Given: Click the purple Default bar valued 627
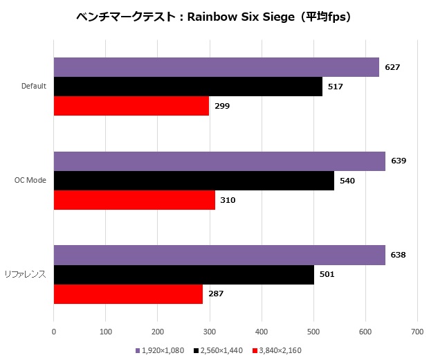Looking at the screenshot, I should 216,67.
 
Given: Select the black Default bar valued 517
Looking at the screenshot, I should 188,87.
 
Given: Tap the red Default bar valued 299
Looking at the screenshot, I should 131,106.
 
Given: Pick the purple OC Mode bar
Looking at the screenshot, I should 219,161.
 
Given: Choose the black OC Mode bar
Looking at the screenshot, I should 194,181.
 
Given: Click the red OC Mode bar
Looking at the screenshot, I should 134,200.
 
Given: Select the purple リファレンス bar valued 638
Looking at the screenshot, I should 219,255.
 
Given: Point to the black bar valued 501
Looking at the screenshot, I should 183,274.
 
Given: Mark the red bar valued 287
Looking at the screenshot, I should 128,294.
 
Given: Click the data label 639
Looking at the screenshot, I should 399,161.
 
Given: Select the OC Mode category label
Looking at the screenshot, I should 31,181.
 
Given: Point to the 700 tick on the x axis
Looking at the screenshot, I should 417,332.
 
